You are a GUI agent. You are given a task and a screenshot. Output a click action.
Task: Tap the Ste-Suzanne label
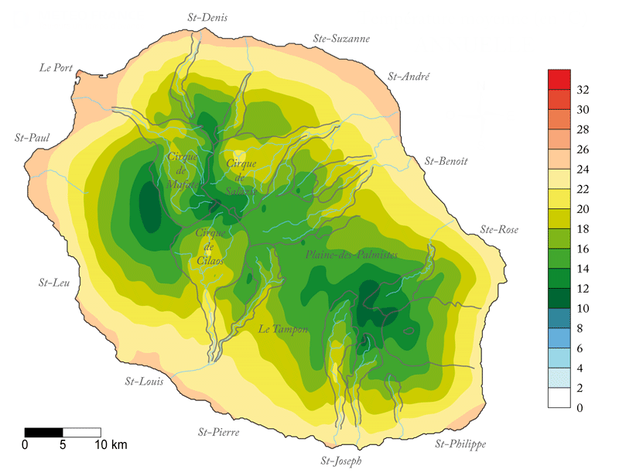[x=341, y=38]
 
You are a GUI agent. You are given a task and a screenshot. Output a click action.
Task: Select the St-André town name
[x=409, y=76]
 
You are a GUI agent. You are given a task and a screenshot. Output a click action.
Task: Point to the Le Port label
[x=56, y=67]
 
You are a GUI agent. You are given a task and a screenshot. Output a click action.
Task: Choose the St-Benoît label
[x=446, y=161]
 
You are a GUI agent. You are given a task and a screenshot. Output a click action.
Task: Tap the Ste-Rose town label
[x=499, y=229]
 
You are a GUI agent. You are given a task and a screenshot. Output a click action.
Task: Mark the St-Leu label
[x=53, y=283]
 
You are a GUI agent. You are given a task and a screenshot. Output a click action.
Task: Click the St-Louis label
[x=145, y=381]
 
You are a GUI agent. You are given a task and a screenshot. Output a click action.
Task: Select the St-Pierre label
[x=218, y=431]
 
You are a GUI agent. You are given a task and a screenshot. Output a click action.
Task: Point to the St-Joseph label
[x=340, y=460]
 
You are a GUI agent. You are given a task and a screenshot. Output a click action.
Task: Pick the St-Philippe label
[x=460, y=444]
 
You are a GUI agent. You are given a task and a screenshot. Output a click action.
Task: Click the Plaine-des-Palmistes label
[x=352, y=255]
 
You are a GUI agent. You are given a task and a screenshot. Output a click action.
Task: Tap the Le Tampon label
[x=283, y=330]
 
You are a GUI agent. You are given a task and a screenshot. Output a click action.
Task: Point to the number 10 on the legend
[x=584, y=309]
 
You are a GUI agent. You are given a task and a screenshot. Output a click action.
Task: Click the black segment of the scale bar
[x=43, y=431]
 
